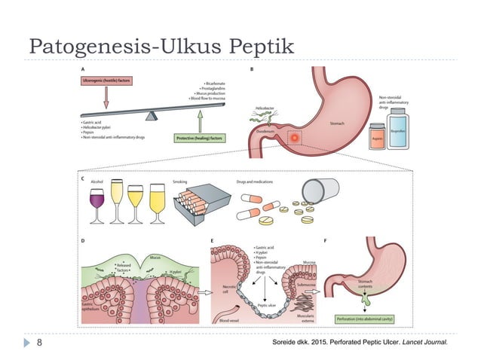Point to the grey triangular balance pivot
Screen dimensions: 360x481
[153, 115]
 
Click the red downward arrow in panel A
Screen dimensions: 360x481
[106, 96]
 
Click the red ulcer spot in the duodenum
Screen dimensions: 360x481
[293, 138]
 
